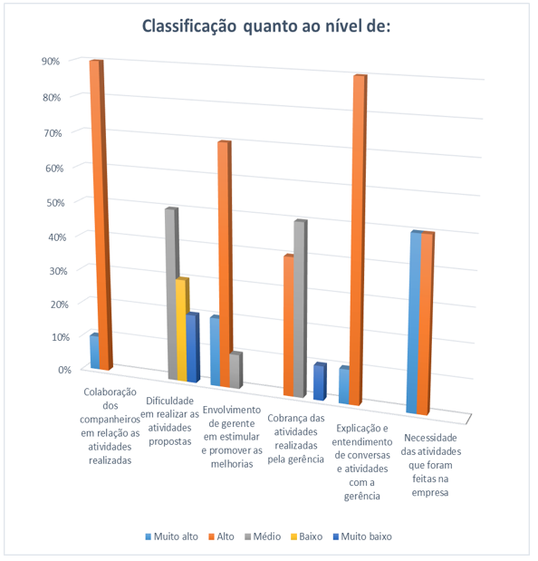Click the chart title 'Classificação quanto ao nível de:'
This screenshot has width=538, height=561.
266,27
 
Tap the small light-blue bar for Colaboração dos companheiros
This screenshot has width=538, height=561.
94,351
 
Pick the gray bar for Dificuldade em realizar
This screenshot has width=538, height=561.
172,294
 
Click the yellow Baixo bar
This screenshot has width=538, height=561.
182,329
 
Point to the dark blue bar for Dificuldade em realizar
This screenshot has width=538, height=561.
193,347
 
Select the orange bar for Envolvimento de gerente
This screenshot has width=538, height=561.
226,264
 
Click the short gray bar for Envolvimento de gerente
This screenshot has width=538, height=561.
235,371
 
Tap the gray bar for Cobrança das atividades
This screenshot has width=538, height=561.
301,309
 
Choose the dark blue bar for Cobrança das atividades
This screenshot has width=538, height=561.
320,382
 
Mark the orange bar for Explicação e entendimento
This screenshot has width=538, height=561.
358,240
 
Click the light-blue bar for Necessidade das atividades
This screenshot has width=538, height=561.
415,322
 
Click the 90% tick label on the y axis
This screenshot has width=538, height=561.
51,62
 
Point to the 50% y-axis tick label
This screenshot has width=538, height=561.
55,203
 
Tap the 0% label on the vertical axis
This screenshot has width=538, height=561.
64,370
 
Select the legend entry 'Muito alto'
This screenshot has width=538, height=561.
171,537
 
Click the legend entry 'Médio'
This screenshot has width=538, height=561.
263,537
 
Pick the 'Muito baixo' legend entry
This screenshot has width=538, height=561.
362,537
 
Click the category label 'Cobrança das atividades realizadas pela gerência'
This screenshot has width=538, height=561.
296,439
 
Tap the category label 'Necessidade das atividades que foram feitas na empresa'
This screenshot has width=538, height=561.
431,465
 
